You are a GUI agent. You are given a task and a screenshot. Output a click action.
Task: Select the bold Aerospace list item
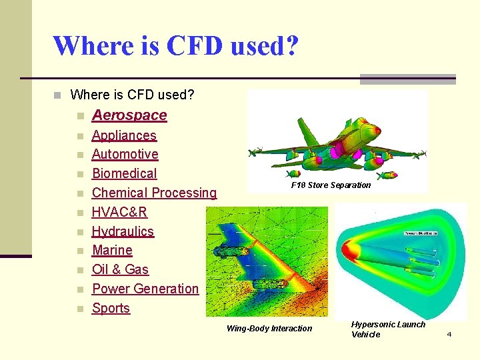[x=129, y=115]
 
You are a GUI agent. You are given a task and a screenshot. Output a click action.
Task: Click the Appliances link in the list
[x=124, y=135]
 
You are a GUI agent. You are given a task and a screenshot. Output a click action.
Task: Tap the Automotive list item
[x=125, y=155]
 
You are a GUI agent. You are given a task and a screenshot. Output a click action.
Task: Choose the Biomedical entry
[x=124, y=174]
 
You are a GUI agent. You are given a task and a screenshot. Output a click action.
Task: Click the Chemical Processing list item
[x=154, y=193]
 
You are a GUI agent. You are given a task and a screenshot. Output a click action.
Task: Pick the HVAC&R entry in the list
[x=119, y=213]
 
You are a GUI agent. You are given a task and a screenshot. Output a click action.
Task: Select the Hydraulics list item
[x=123, y=232]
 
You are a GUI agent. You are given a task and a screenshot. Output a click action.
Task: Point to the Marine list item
[x=112, y=251]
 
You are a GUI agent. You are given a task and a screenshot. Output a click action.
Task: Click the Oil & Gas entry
[x=120, y=270]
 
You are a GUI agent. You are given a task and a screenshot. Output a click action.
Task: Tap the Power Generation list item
[x=145, y=289]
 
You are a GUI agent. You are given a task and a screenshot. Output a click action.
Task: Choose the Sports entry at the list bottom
[x=111, y=309]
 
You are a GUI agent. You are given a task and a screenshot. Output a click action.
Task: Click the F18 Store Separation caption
[x=331, y=185]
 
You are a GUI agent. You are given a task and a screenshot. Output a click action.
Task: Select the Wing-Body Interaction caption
[x=269, y=329]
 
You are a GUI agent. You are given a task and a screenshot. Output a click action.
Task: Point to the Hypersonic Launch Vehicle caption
[x=387, y=329]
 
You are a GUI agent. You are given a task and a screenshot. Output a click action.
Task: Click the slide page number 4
[x=449, y=334]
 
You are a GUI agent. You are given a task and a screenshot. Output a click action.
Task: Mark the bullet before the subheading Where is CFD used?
[x=59, y=95]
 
